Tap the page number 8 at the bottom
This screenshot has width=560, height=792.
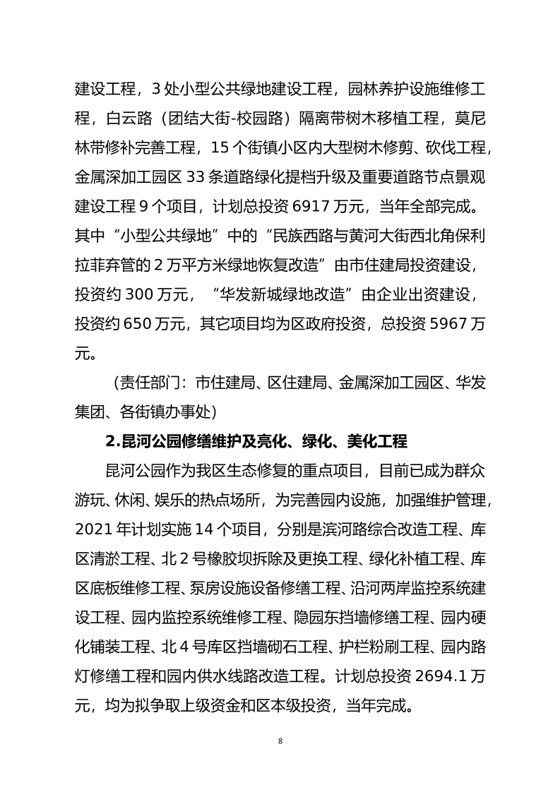pyautogui.click(x=280, y=741)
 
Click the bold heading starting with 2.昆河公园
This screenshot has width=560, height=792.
pyautogui.click(x=256, y=443)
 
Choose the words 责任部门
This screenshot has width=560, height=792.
pyautogui.click(x=148, y=384)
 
